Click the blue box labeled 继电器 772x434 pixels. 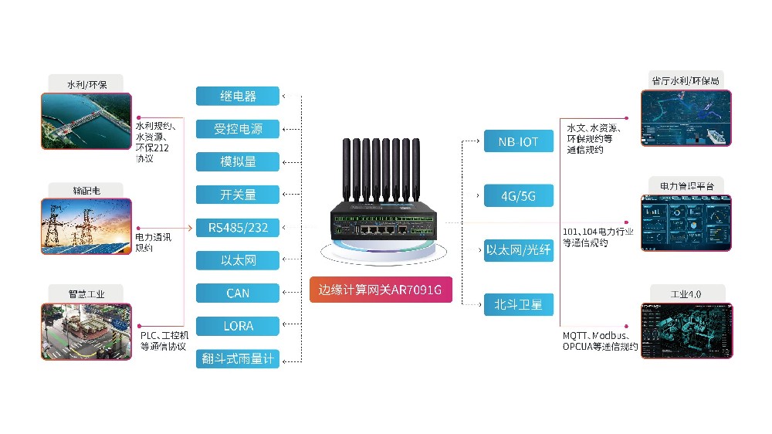point(238,96)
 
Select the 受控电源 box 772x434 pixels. point(238,129)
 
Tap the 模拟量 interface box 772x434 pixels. point(238,162)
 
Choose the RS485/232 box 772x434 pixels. point(238,228)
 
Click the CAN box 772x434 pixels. point(238,293)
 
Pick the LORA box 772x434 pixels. point(238,326)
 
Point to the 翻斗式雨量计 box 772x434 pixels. point(238,359)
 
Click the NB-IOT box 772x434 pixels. point(519,141)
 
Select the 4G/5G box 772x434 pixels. point(519,195)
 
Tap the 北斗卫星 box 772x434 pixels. point(519,304)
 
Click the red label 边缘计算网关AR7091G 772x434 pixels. point(380,291)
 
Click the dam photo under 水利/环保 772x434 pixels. point(86,120)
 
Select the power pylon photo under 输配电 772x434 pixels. point(86,225)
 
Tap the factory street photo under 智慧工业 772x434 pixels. point(86,331)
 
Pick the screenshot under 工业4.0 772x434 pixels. point(686,331)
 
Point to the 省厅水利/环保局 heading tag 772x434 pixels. point(686,80)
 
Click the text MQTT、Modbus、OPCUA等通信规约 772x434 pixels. point(600,341)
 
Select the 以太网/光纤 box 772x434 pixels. point(519,250)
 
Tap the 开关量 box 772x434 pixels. point(238,195)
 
